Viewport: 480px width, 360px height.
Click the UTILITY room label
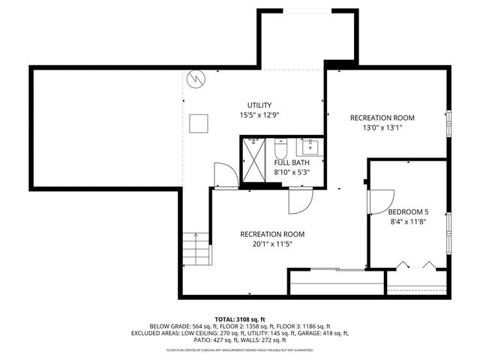259,105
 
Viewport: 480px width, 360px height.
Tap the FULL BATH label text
292,162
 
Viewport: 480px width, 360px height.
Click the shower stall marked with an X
253,159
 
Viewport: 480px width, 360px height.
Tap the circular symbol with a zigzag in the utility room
196,77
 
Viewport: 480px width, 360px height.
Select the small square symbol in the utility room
199,123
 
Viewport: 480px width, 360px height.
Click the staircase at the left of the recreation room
196,248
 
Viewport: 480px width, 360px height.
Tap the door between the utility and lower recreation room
224,175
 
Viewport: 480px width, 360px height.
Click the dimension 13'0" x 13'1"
382,127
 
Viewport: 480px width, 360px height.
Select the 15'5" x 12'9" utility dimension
259,115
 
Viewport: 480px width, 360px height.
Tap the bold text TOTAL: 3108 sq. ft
240,319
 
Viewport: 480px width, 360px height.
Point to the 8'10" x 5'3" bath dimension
292,172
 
